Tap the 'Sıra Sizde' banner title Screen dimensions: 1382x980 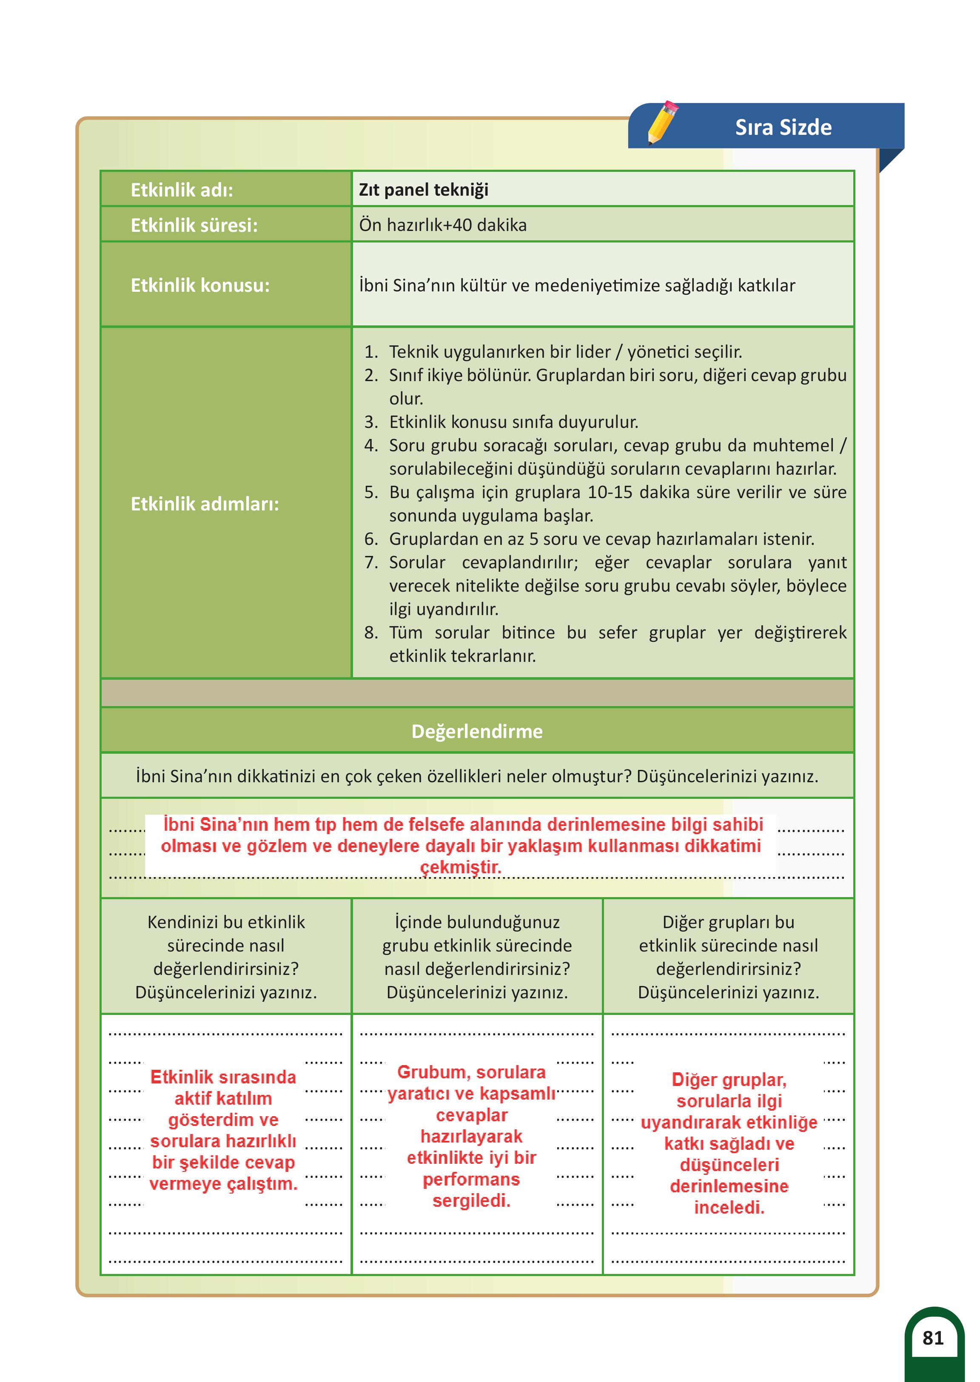(783, 127)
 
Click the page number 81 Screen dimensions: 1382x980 (932, 1338)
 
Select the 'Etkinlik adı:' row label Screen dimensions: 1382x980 (182, 190)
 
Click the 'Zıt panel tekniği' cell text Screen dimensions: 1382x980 (424, 190)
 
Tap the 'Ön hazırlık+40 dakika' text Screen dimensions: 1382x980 (443, 225)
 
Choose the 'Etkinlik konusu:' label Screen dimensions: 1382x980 (200, 285)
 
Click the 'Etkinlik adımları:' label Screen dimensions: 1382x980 (205, 504)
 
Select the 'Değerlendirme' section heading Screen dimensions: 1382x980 (477, 732)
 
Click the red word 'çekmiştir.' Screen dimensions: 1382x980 (460, 867)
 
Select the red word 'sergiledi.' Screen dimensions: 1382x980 (471, 1201)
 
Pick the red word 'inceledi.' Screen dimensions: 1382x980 (729, 1208)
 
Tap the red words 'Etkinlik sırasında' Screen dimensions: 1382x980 (223, 1077)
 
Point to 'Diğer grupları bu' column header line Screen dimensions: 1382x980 (728, 922)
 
